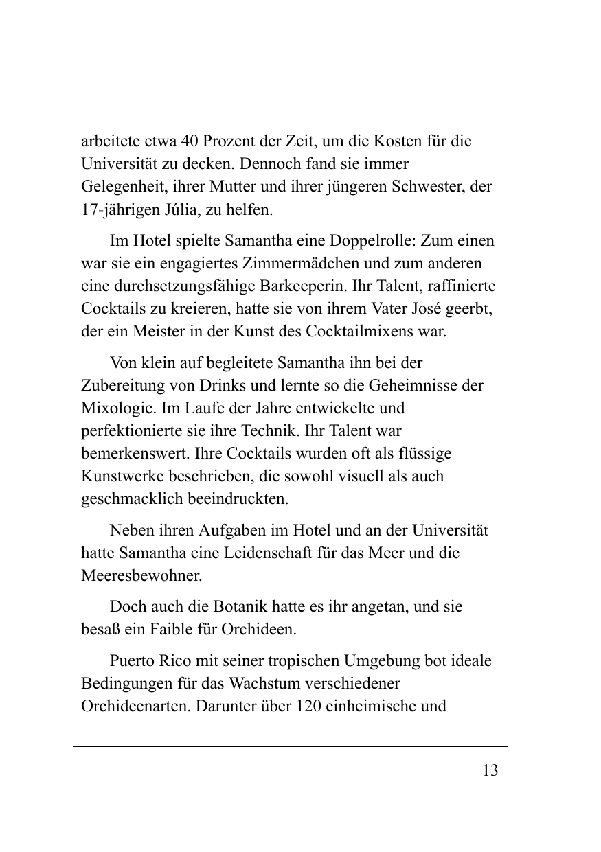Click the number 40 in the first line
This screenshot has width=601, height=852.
coord(191,143)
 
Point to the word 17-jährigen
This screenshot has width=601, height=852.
coord(113,209)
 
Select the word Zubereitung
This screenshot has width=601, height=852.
coord(120,385)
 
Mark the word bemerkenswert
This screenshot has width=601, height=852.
coord(135,454)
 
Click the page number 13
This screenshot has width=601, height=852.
coord(490,770)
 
